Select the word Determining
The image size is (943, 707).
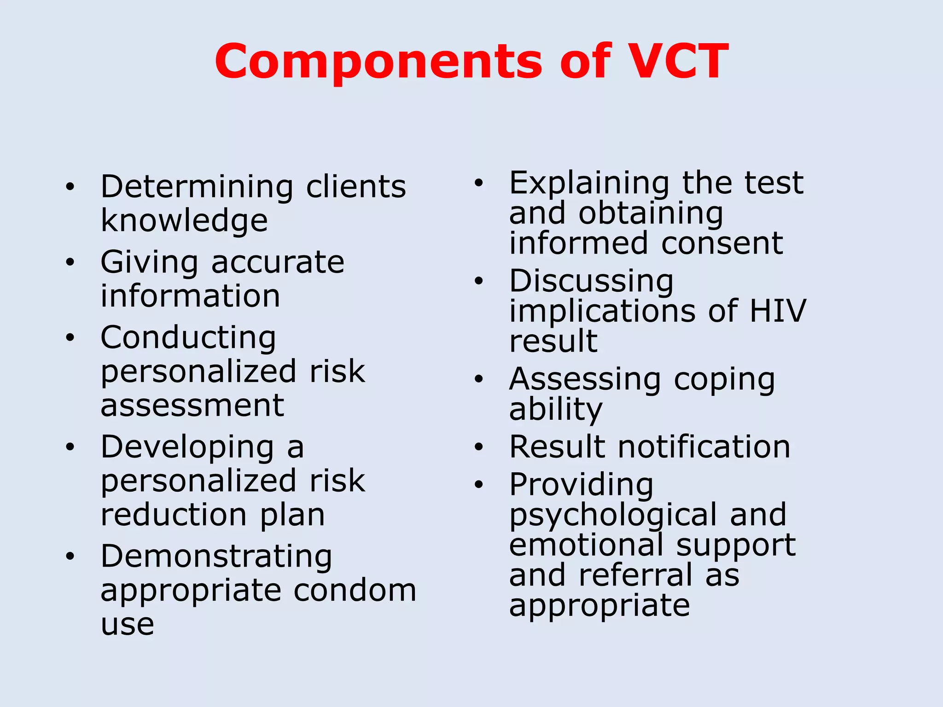[197, 187]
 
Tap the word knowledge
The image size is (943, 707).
[184, 220]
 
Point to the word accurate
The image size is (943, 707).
[278, 262]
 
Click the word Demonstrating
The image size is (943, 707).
[216, 556]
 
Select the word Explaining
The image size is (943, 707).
[589, 183]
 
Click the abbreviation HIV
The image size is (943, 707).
[778, 311]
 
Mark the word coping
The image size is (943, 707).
[724, 380]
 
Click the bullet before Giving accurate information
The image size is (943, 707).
[70, 262]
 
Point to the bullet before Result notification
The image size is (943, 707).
[479, 446]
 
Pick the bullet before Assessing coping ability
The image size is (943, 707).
[479, 379]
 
